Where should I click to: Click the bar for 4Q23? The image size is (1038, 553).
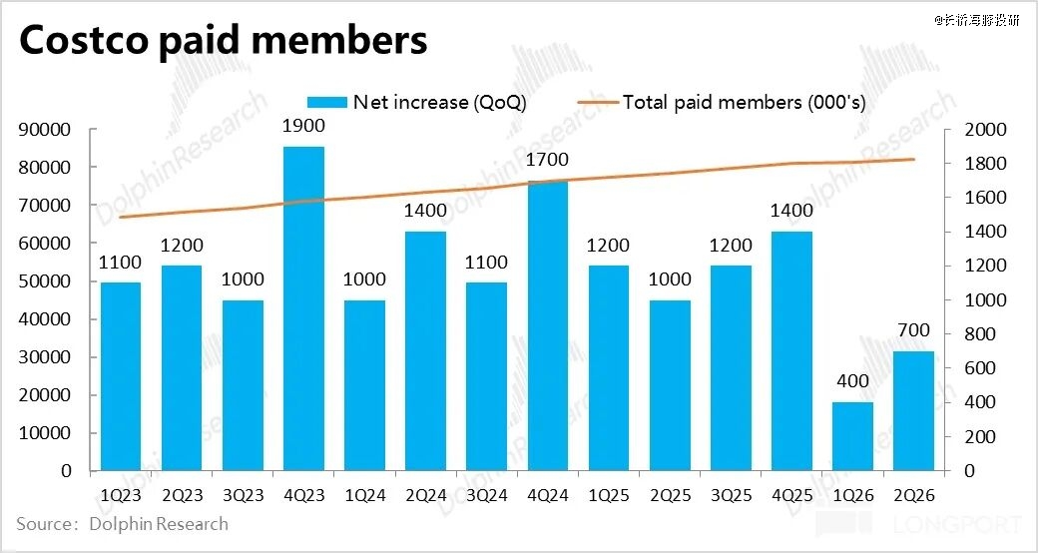[303, 308]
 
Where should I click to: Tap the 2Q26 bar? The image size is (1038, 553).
[913, 410]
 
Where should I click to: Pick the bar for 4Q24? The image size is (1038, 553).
[547, 325]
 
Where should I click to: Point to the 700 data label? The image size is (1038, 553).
[913, 330]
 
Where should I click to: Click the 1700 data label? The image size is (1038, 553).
[547, 160]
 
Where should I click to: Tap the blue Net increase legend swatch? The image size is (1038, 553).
[326, 102]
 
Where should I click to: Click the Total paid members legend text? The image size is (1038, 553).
[743, 102]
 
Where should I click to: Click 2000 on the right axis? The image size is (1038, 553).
[983, 130]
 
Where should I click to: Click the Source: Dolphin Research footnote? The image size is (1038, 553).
[122, 524]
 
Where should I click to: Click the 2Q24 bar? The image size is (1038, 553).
[425, 351]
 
